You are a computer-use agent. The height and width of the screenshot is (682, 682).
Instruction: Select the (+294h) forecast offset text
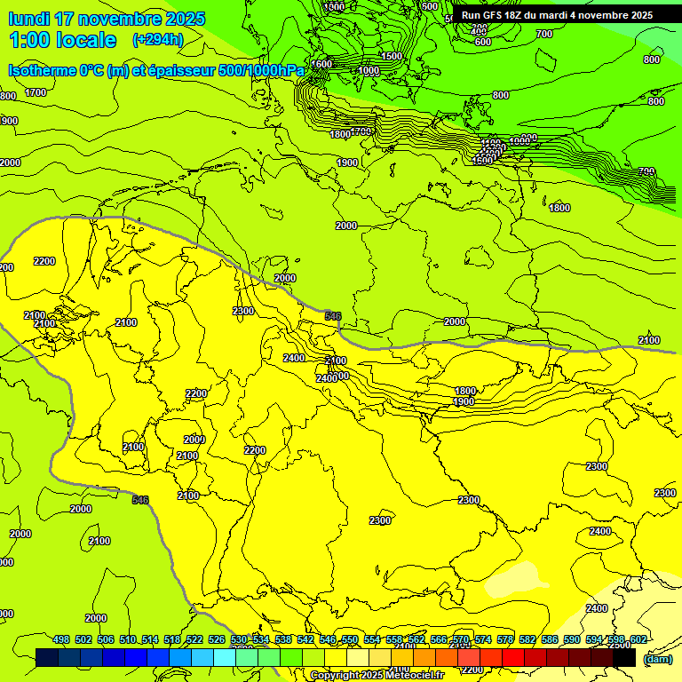(x=157, y=40)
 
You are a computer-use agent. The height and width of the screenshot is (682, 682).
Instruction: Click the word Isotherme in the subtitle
(x=41, y=70)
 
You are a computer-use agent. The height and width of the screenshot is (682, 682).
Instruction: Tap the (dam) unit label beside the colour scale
(x=657, y=659)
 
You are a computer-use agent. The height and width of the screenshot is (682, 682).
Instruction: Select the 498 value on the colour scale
(x=61, y=640)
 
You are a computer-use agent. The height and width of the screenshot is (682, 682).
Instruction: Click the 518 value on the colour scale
(x=172, y=640)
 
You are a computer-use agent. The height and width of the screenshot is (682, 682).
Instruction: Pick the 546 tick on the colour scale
(x=328, y=640)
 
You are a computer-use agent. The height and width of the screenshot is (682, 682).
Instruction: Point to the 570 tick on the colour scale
(x=461, y=640)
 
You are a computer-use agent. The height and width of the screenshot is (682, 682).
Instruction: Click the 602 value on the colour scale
(x=638, y=640)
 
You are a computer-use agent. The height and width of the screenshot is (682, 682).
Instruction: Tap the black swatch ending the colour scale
(x=624, y=658)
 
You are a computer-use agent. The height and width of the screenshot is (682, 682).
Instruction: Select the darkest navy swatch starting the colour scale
(x=47, y=658)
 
